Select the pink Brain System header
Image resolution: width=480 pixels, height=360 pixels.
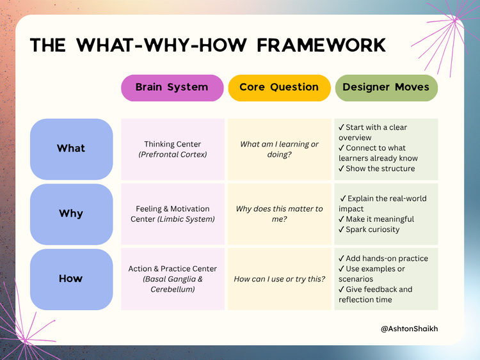[x=172, y=88]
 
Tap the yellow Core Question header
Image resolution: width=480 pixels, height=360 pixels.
[x=279, y=88]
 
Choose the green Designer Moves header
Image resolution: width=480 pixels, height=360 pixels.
[x=386, y=88]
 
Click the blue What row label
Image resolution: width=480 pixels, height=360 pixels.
[x=71, y=148]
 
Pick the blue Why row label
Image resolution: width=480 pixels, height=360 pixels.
[x=71, y=214]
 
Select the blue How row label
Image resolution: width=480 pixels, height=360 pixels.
[x=71, y=279]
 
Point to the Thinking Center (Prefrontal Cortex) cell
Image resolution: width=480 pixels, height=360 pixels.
[x=173, y=149]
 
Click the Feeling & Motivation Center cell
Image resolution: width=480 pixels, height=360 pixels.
[x=173, y=214]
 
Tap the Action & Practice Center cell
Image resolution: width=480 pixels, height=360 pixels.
[x=173, y=279]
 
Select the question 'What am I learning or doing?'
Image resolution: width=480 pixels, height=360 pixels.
[x=279, y=149]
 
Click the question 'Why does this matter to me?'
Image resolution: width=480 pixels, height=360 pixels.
[x=279, y=214]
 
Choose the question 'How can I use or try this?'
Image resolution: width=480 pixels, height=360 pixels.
[x=279, y=279]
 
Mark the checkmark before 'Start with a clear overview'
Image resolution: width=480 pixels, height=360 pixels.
[x=341, y=128]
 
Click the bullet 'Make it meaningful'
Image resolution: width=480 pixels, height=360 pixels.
[x=380, y=219]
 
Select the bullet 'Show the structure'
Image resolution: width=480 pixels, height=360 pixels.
[x=380, y=169]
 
